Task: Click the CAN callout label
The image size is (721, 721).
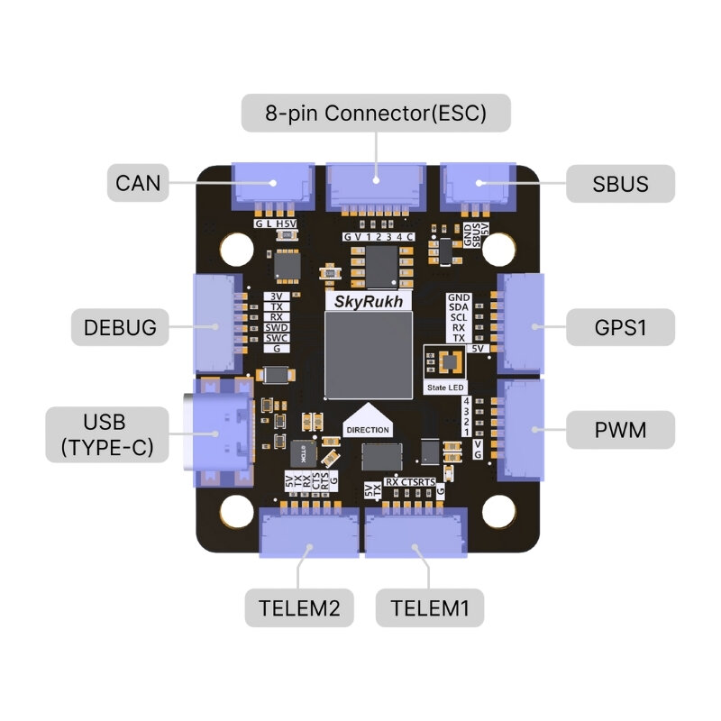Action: tap(137, 184)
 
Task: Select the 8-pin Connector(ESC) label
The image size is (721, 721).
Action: tap(376, 114)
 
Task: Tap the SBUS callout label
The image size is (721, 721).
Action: tap(620, 184)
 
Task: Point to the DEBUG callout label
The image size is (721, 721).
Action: tap(125, 327)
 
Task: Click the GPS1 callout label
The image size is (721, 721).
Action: tap(620, 327)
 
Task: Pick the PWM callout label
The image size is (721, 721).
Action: tap(620, 430)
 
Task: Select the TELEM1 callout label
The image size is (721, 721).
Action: tap(430, 608)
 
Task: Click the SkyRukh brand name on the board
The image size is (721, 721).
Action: tap(368, 301)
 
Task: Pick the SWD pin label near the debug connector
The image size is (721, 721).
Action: tap(277, 327)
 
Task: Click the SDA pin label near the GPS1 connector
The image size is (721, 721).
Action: tap(459, 307)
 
